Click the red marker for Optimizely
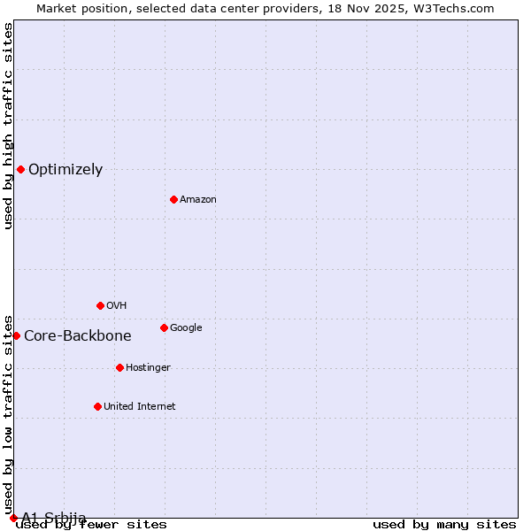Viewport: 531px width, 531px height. pyautogui.click(x=20, y=169)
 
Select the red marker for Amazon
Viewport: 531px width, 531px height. pyautogui.click(x=173, y=199)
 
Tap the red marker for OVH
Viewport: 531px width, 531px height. pyautogui.click(x=100, y=305)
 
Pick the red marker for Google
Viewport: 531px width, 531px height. pyautogui.click(x=164, y=327)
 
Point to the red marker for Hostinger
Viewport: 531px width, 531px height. pyautogui.click(x=119, y=367)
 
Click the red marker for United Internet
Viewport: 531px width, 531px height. pyautogui.click(x=97, y=406)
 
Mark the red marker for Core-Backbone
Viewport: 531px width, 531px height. pyautogui.click(x=16, y=335)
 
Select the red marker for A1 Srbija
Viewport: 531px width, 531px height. pyautogui.click(x=13, y=518)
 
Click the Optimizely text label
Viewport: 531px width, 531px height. pyautogui.click(x=65, y=170)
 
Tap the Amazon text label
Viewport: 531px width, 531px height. pyautogui.click(x=198, y=200)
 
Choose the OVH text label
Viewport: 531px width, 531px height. pyautogui.click(x=117, y=306)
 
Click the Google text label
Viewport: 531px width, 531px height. pyautogui.click(x=186, y=328)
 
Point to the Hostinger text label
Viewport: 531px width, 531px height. pyautogui.click(x=148, y=368)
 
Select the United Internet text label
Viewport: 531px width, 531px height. pyautogui.click(x=140, y=407)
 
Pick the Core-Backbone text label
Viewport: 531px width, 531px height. pyautogui.click(x=78, y=336)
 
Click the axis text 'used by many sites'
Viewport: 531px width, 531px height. pyautogui.click(x=444, y=525)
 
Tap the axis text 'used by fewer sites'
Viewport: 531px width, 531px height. pyautogui.click(x=91, y=525)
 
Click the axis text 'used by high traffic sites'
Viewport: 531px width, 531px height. pyautogui.click(x=8, y=126)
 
